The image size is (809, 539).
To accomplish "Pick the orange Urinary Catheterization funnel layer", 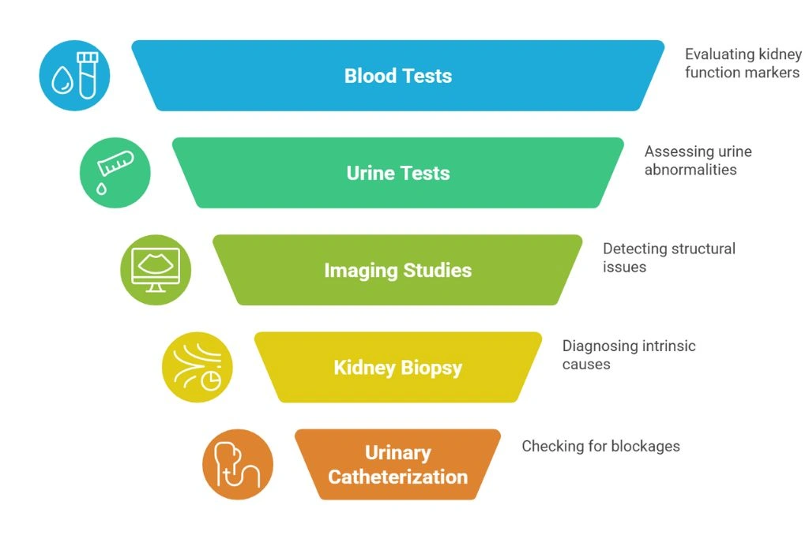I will (397, 465).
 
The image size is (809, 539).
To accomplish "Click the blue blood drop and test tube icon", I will (74, 76).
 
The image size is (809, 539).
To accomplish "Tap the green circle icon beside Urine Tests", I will (115, 173).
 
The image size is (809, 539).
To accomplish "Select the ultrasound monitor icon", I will (156, 270).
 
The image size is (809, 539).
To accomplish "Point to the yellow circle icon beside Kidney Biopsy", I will (197, 367).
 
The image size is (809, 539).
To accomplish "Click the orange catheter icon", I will (237, 464).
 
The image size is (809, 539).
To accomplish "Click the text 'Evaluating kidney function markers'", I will (742, 63).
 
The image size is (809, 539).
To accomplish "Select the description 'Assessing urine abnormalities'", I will (698, 160).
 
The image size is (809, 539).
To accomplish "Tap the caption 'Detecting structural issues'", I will (668, 257).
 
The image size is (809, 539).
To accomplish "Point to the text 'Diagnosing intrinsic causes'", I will (628, 354).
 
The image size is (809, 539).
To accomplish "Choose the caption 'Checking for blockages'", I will (600, 446).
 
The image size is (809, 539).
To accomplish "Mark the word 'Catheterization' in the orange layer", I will (397, 477).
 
